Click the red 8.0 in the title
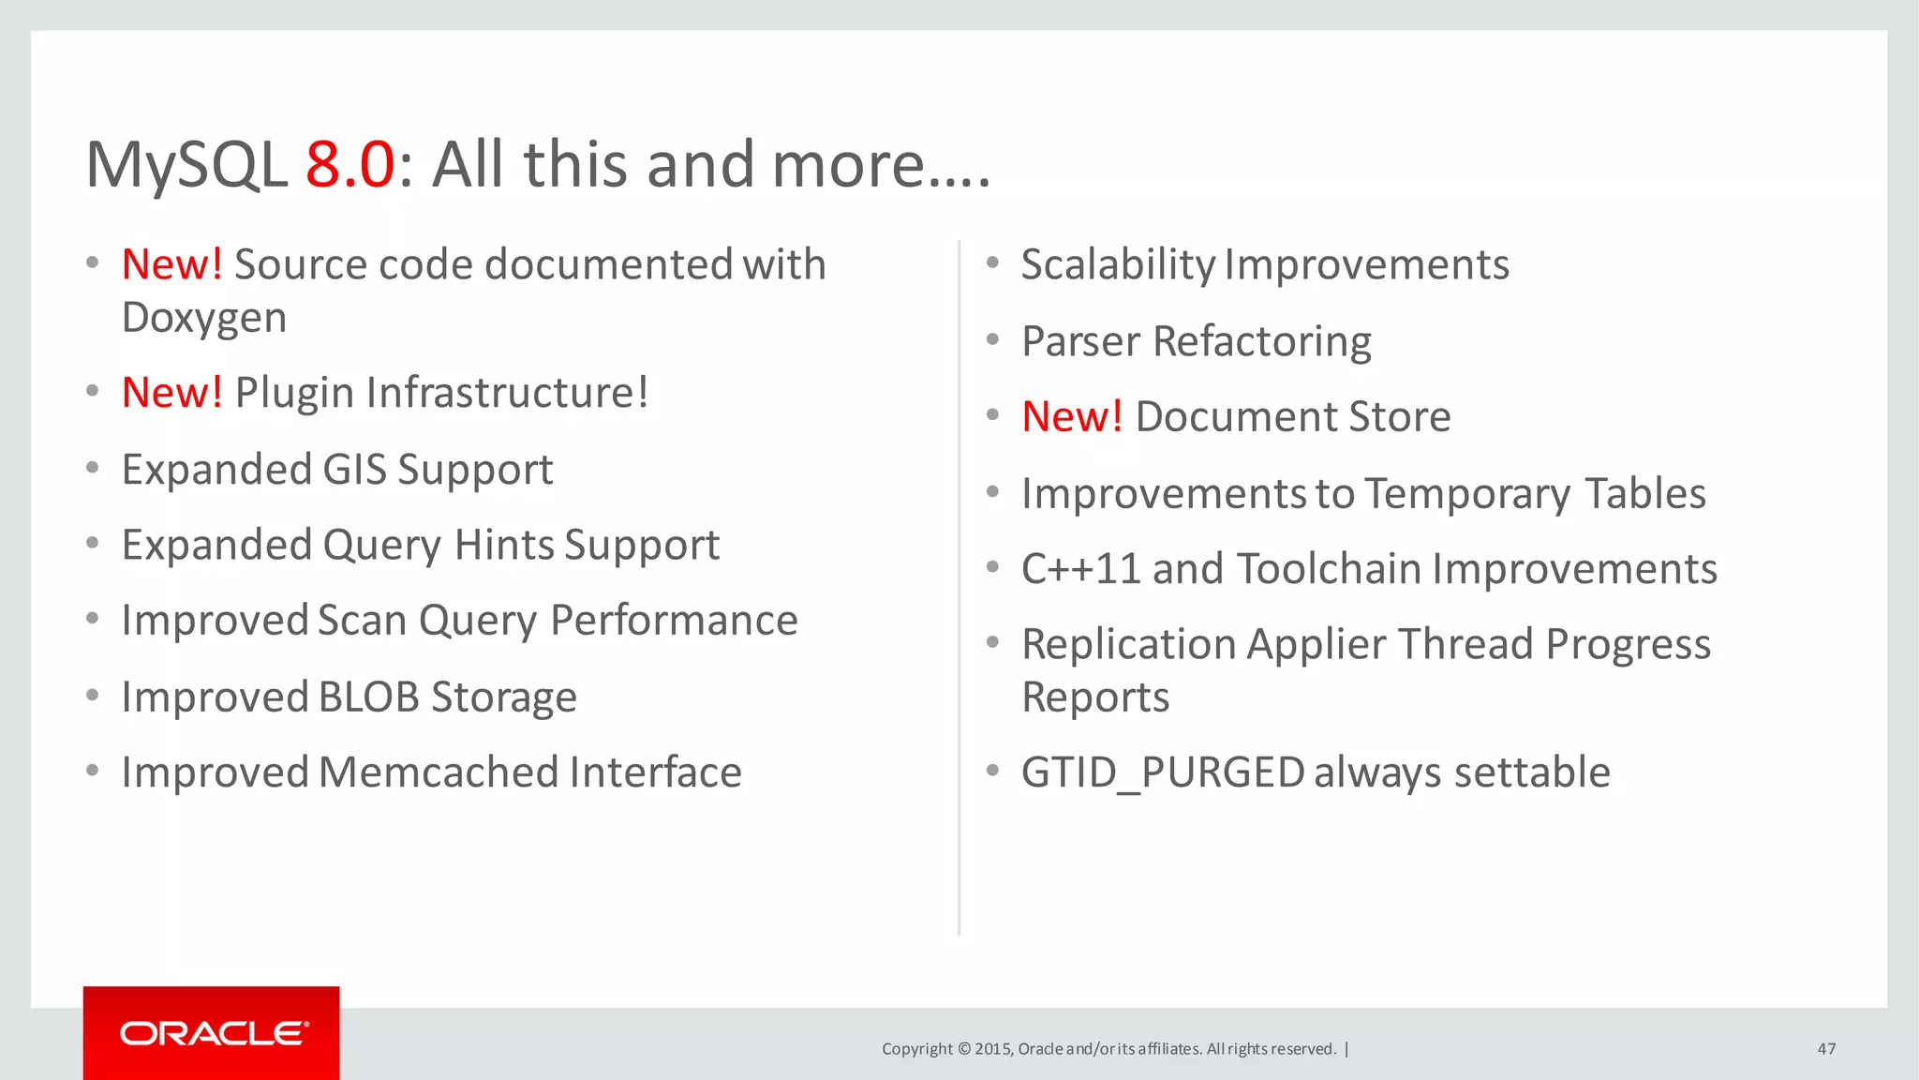(350, 165)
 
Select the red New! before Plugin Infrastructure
(172, 393)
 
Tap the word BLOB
(368, 697)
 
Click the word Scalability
(1117, 265)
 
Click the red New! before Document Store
(1072, 417)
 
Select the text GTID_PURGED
(1162, 773)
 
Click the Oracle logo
(212, 1033)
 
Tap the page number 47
(1826, 1049)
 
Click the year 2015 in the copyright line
(991, 1049)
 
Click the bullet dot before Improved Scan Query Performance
(92, 619)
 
